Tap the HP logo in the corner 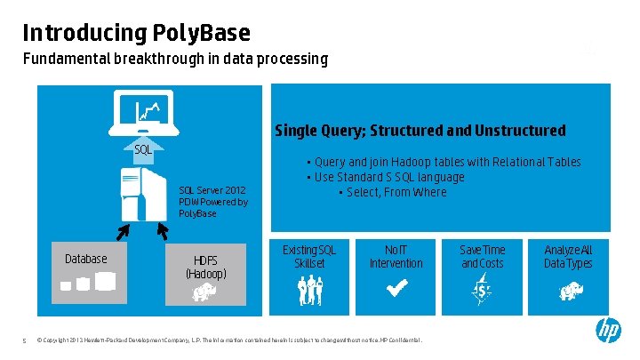tap(608, 331)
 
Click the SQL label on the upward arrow tap(142, 149)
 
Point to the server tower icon tap(143, 196)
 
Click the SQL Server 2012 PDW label tap(212, 202)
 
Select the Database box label tap(86, 259)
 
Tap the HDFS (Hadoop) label tap(205, 266)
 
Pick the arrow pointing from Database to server tap(123, 230)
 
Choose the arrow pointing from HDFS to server tap(163, 230)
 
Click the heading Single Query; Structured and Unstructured tap(420, 131)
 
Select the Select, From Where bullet tap(396, 192)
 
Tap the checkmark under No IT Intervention tap(396, 290)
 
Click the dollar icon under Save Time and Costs tap(483, 290)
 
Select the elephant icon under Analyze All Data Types tap(568, 290)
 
